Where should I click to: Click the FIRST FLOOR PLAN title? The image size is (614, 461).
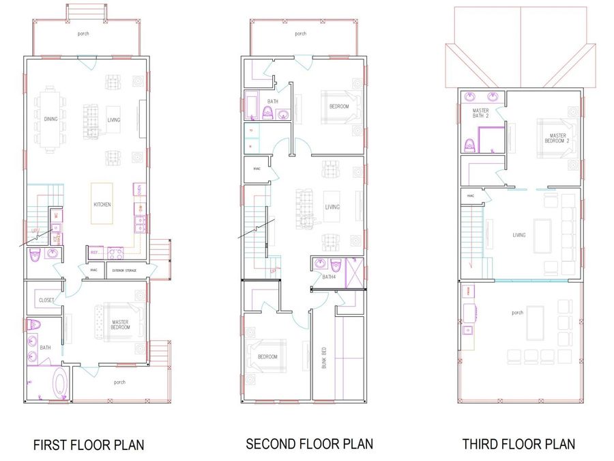click(x=89, y=445)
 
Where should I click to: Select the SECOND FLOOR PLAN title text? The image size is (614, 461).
click(x=309, y=444)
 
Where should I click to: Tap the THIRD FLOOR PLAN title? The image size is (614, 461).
click(x=518, y=444)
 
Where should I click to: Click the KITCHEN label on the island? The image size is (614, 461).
click(x=102, y=204)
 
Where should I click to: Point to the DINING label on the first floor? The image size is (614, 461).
click(x=51, y=120)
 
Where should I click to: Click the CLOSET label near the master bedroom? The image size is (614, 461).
click(x=46, y=301)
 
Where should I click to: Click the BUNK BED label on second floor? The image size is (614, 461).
click(x=324, y=359)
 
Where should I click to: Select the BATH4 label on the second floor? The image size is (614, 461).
click(x=329, y=277)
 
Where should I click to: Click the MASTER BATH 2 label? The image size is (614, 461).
click(x=481, y=113)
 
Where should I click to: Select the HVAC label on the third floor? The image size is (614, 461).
click(x=471, y=196)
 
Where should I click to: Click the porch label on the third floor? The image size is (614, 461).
click(x=517, y=313)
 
